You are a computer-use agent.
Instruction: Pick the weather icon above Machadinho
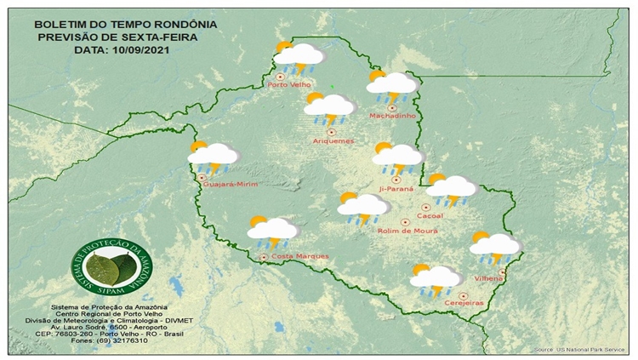[x=390, y=84]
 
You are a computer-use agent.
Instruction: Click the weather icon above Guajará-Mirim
[x=213, y=157]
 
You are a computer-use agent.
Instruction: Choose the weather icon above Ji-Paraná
[x=397, y=157]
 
